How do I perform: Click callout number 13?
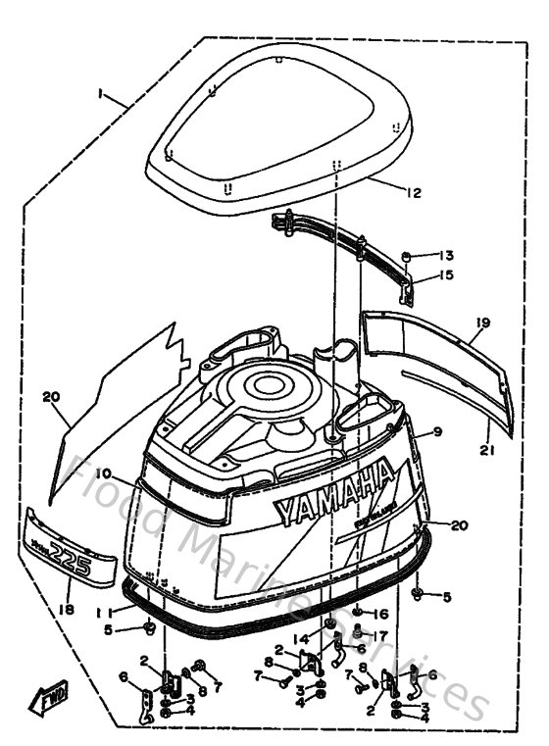[446, 255]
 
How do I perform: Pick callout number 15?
[446, 275]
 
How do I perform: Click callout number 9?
[438, 430]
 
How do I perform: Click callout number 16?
[381, 614]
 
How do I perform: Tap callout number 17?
[381, 634]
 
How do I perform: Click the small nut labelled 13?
[405, 258]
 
